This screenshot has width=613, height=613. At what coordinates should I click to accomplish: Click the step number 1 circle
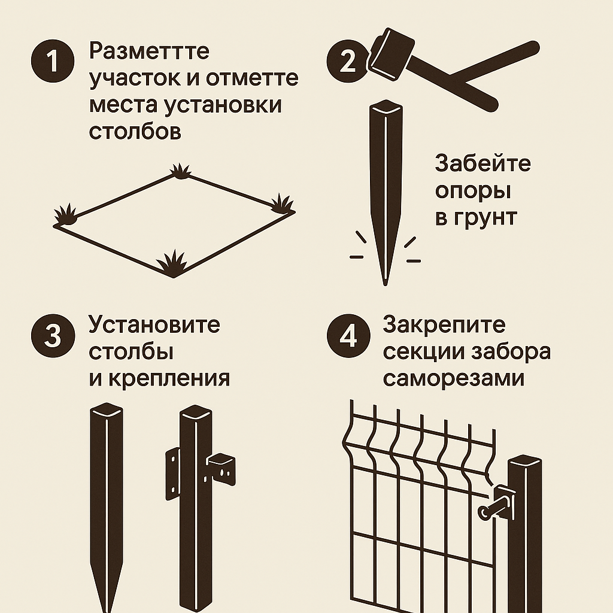click(x=53, y=61)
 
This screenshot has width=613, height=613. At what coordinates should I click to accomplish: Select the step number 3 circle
click(x=53, y=335)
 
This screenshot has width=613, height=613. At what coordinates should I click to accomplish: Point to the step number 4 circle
click(x=348, y=335)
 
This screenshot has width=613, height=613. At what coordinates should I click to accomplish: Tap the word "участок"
click(x=135, y=78)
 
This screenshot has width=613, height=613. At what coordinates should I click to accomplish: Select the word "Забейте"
click(x=483, y=163)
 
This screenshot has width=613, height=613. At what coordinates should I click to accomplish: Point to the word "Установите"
click(x=154, y=324)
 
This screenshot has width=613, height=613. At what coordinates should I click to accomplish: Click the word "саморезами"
click(x=454, y=378)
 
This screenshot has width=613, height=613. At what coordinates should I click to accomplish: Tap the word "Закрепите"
click(x=444, y=324)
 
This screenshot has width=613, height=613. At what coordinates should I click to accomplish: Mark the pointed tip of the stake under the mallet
click(x=386, y=284)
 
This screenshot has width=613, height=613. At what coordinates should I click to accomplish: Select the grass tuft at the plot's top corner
click(x=180, y=171)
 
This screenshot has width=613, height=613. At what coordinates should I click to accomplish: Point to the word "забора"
click(x=511, y=352)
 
